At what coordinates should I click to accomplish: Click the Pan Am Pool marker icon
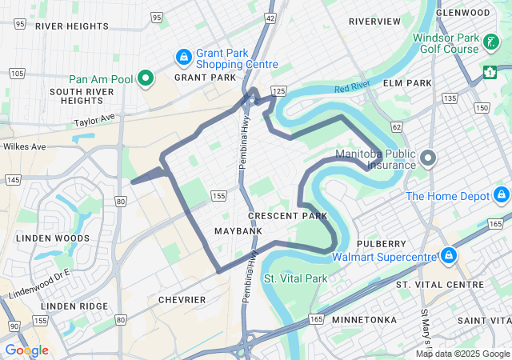point(146,78)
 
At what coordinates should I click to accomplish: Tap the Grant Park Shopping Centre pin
point(184,58)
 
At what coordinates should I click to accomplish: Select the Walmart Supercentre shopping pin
point(450,256)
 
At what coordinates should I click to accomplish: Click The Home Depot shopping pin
point(502,195)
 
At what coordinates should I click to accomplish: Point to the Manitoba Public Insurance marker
point(427,158)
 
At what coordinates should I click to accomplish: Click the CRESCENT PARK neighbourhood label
point(287,216)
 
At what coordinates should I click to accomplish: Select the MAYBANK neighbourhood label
point(238,231)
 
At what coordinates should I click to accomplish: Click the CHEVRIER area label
point(182,300)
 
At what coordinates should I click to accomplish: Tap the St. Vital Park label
point(296,279)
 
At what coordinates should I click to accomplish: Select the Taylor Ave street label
point(95,120)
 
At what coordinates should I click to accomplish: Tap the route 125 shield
point(278,92)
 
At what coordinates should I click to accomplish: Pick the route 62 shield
point(397,127)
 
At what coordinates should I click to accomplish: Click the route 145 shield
point(12,180)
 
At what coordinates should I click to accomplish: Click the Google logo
point(26,350)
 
